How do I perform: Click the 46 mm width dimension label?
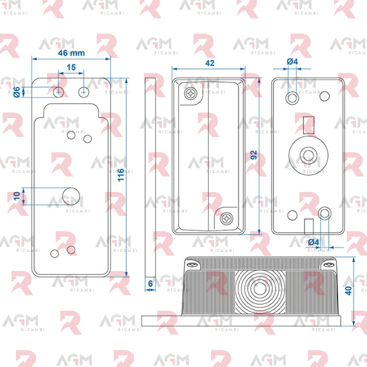72,53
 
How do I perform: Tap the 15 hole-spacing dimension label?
71,67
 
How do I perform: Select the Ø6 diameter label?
17,92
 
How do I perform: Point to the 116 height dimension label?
120,175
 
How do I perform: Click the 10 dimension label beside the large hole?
17,196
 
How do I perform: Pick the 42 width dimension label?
209,63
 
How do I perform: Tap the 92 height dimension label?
253,155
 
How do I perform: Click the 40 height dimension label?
349,291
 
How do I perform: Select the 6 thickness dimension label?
150,284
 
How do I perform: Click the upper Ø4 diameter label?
292,62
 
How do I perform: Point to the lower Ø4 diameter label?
313,242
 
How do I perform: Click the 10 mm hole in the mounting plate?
71,196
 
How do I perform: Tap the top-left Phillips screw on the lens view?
191,94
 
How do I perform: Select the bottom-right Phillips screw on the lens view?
226,219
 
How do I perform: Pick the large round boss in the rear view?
308,155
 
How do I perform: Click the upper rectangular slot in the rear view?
308,125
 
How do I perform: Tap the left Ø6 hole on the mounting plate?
59,92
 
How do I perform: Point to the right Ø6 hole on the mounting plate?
84,92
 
